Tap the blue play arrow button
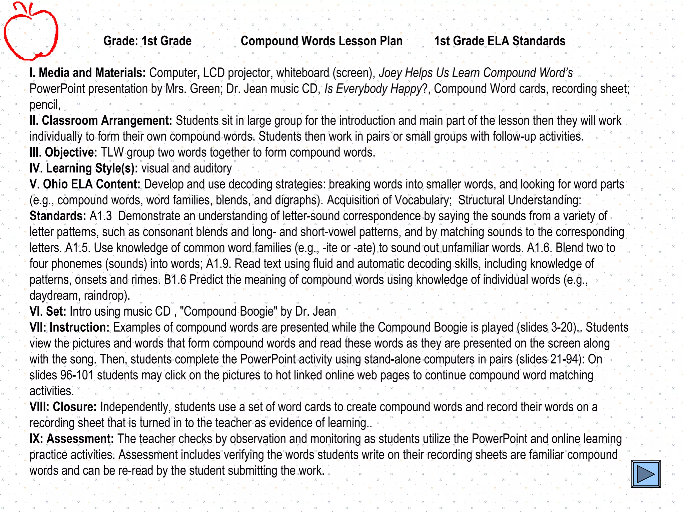pyautogui.click(x=646, y=474)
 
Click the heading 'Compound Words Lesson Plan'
pyautogui.click(x=321, y=41)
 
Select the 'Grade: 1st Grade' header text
pyautogui.click(x=147, y=41)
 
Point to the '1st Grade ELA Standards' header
pyautogui.click(x=500, y=41)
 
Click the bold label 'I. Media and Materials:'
pyautogui.click(x=87, y=73)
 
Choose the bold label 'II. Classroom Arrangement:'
pyautogui.click(x=101, y=121)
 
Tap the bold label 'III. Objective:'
pyautogui.click(x=63, y=152)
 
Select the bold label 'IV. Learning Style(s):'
pyautogui.click(x=84, y=168)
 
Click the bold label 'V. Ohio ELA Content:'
pyautogui.click(x=85, y=184)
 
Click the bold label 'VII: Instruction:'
pyautogui.click(x=69, y=327)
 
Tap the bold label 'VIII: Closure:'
pyautogui.click(x=63, y=407)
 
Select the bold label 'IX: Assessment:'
pyautogui.click(x=72, y=439)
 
